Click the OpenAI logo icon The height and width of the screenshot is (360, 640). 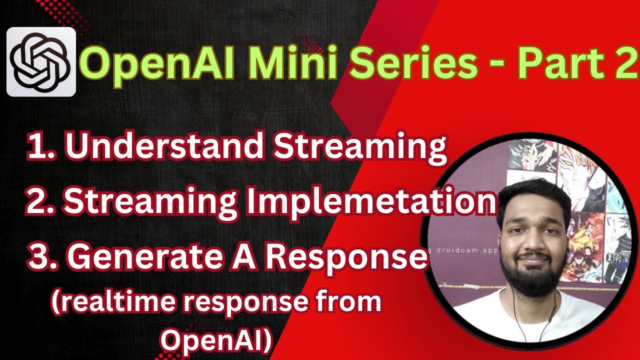pos(41,62)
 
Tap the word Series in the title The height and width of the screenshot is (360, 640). pos(418,64)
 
